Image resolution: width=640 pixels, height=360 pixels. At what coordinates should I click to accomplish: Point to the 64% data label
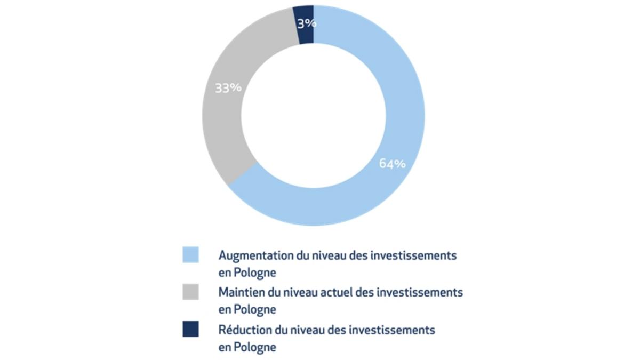392,164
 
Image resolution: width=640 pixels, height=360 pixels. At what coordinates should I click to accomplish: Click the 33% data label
228,88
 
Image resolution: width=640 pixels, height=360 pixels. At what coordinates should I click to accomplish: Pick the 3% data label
307,23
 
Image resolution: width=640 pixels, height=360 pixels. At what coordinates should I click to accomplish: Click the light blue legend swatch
190,254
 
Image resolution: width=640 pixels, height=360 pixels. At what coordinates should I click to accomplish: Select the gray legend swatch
190,292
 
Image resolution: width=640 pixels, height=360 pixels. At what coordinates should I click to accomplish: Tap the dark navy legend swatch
190,329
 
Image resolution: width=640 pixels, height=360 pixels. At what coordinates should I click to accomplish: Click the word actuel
339,292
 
